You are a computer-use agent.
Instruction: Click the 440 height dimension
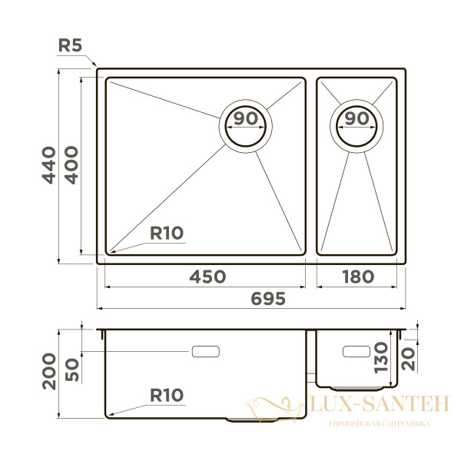pos(48,164)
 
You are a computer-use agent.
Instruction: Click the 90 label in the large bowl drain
pos(245,119)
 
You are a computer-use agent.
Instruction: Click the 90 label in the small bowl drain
pos(356,119)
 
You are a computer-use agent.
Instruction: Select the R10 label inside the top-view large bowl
pos(167,233)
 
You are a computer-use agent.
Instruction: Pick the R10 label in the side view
pos(167,396)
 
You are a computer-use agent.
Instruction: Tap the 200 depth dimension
pos(48,372)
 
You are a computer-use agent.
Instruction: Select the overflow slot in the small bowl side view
pos(356,351)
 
